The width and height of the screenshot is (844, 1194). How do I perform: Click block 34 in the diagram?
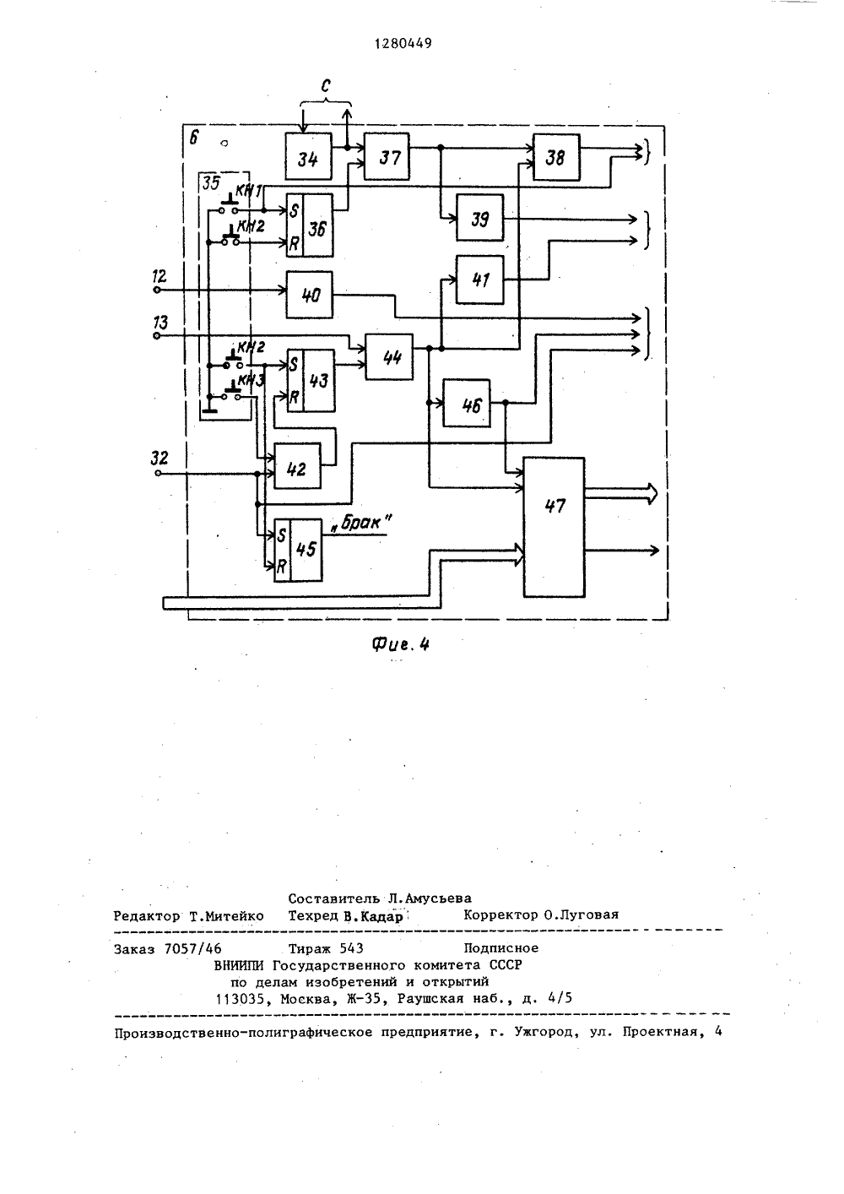tap(309, 156)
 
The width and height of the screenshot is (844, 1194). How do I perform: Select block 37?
tap(387, 156)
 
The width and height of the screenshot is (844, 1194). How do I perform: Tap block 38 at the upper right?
tap(556, 157)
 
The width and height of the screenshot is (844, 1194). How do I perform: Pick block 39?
tap(479, 218)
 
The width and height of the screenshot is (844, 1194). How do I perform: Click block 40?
tap(309, 295)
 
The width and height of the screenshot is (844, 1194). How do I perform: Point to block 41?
tap(479, 280)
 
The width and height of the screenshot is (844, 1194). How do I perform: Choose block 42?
tap(297, 466)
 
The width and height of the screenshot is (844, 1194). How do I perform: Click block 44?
tap(389, 356)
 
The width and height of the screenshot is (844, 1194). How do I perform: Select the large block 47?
tap(555, 527)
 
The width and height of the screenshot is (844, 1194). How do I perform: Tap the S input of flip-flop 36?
tap(294, 210)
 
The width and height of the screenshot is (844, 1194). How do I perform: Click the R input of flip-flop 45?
tap(282, 566)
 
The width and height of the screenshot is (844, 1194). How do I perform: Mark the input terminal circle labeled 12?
tap(157, 290)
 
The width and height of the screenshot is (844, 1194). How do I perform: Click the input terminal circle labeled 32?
tap(157, 473)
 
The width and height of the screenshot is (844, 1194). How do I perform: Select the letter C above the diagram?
tap(326, 85)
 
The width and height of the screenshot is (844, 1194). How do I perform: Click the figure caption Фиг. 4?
tap(401, 644)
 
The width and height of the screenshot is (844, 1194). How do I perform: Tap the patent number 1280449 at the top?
tap(403, 44)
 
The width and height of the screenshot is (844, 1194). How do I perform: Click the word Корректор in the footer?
tap(500, 914)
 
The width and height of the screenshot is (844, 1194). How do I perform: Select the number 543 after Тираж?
tap(353, 947)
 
